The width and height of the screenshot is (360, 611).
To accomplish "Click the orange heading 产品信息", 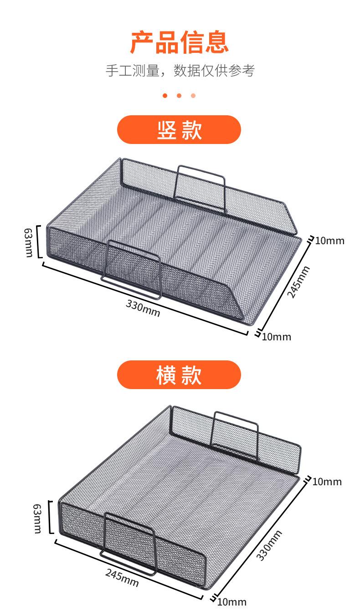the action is (x=180, y=42).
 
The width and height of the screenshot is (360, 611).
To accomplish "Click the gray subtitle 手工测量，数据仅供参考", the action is (x=180, y=71).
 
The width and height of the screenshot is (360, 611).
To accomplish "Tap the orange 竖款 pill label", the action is (x=179, y=130).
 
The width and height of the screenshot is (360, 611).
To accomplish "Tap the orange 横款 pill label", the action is (x=179, y=375).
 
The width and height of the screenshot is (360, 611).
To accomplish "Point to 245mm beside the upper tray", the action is (x=298, y=282).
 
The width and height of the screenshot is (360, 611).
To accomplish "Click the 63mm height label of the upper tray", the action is (x=28, y=242).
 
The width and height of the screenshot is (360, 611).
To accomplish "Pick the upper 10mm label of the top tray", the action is (x=329, y=241).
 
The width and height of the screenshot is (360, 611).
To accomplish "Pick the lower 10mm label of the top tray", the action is (x=277, y=337).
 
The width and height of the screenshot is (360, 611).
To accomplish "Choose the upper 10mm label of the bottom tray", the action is (x=327, y=482).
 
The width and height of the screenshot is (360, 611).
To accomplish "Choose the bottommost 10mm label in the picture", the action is (x=232, y=602).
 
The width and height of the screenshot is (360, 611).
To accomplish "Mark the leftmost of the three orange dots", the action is (x=165, y=96).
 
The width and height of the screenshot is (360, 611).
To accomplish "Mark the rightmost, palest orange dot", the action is (x=193, y=96).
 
